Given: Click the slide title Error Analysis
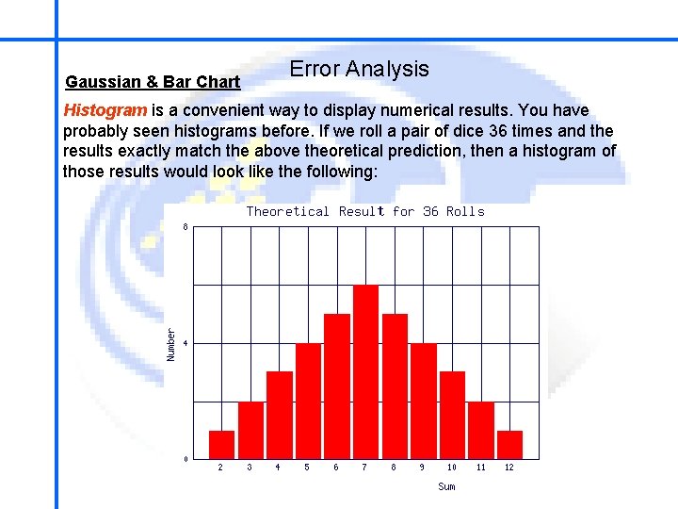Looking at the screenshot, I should [359, 69].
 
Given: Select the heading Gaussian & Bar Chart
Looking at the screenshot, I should [153, 82].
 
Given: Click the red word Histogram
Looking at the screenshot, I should [105, 110].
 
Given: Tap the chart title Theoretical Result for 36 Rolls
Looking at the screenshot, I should [365, 211].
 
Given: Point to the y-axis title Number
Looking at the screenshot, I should [171, 343].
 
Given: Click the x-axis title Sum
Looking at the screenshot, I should [446, 486].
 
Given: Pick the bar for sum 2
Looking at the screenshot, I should [221, 444].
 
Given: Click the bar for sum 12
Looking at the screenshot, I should [509, 444].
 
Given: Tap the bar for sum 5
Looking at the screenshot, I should [308, 401].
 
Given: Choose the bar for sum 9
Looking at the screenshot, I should [423, 401].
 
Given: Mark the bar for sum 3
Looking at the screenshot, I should [250, 430].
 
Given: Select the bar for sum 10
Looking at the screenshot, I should [452, 415].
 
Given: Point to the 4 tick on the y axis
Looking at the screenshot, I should [186, 343].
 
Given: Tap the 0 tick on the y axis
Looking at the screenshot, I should [186, 459].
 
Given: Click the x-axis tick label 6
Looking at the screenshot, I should [336, 468].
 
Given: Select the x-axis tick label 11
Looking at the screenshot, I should [481, 468].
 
